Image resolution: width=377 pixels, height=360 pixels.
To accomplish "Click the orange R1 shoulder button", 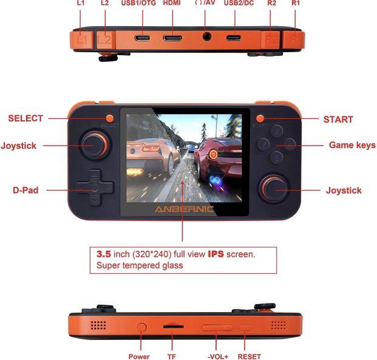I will pos(296,39).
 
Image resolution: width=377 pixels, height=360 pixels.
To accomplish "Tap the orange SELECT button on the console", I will pos(110,118).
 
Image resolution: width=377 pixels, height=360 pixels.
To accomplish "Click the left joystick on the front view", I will pos(95,146).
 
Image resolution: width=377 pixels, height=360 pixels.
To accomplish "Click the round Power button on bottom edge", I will pos(143,328).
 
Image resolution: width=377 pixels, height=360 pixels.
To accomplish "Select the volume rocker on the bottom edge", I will pos(218,328).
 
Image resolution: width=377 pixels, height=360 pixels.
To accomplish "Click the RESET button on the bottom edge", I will pos(246,328).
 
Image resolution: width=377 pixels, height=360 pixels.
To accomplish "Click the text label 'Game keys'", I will pos(352,145).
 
